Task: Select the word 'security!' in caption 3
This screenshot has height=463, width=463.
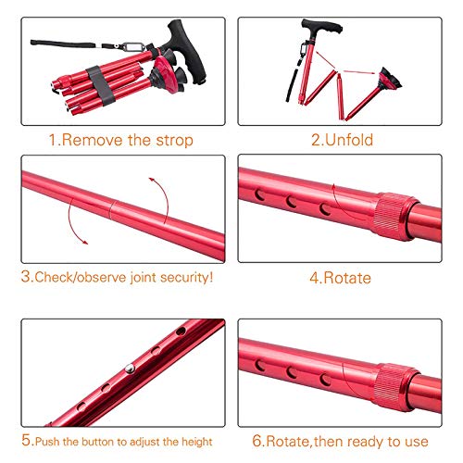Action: point(186,276)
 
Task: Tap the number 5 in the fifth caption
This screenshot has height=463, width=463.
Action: point(26,441)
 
